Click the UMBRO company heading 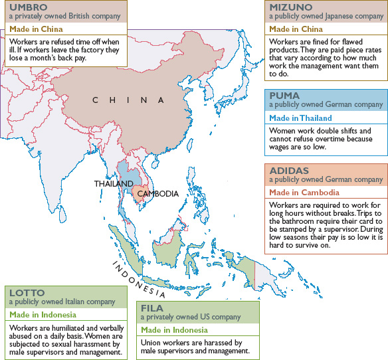point(25,7)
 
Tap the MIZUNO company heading point(289,7)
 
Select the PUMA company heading point(284,95)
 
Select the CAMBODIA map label point(158,193)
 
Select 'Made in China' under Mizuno point(296,30)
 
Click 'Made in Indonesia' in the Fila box point(175,330)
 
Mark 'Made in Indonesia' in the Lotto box point(43,314)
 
